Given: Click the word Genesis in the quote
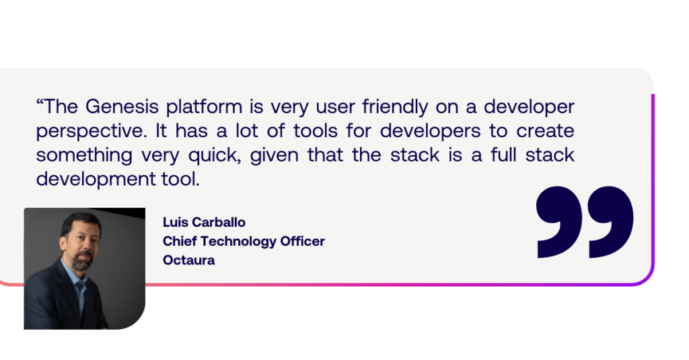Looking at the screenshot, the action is click(x=122, y=106).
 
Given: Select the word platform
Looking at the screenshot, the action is click(x=205, y=107).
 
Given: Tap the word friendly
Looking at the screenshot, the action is click(x=395, y=107).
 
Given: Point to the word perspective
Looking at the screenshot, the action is click(x=92, y=132).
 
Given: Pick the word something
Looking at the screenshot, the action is click(x=84, y=155).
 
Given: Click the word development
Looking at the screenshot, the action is click(x=96, y=180).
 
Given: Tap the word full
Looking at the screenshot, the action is click(x=503, y=155).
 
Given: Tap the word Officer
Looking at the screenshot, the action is click(x=302, y=241).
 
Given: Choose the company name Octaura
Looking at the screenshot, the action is click(x=189, y=260).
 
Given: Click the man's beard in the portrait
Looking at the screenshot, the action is click(x=82, y=261).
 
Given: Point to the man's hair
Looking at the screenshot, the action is click(x=81, y=221).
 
